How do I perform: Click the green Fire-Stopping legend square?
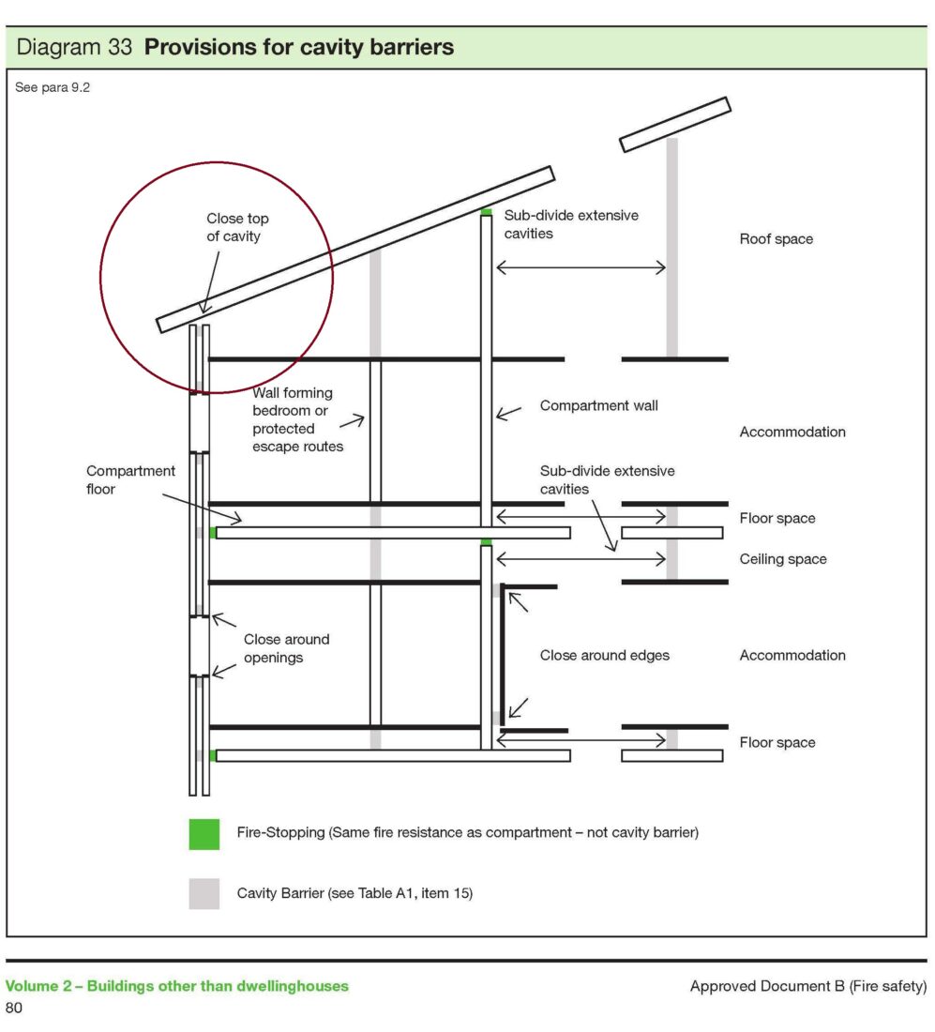tap(204, 835)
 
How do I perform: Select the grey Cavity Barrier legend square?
tap(204, 894)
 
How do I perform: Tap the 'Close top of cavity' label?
tap(237, 227)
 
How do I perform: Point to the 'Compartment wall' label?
tap(598, 406)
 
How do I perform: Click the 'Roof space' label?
tap(777, 239)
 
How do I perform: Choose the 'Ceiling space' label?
tap(783, 559)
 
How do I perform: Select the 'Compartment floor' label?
tap(130, 479)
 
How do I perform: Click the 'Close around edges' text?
tap(605, 656)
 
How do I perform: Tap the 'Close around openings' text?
tap(286, 648)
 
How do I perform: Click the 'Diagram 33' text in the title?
tap(74, 48)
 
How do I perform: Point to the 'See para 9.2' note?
tap(53, 87)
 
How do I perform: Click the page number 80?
tap(14, 1008)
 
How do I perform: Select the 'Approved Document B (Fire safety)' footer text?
tap(808, 986)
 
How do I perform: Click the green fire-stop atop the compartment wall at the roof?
tap(486, 212)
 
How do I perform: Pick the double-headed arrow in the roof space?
tap(581, 268)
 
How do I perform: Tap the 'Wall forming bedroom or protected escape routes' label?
tap(297, 420)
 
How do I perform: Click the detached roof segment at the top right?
tap(675, 125)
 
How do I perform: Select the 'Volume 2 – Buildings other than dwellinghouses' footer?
tap(177, 986)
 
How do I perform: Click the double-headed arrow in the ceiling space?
tap(581, 559)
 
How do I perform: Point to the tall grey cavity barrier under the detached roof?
tap(671, 248)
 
